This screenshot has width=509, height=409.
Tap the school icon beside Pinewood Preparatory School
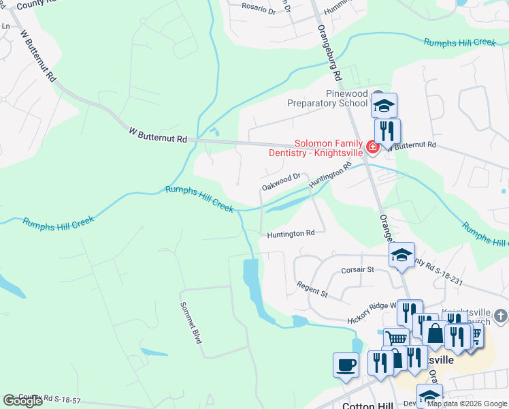pos(384,105)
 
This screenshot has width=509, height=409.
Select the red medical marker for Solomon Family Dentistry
pos(372,147)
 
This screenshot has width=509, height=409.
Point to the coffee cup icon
pos(346,364)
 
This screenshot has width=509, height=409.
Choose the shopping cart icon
pos(396,339)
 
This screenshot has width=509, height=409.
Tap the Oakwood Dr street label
pos(281,181)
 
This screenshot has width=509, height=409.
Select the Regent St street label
pos(312,289)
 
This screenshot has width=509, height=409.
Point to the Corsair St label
pos(358,269)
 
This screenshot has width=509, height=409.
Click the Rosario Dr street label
pos(259,11)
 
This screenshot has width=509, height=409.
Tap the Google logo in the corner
pos(22,401)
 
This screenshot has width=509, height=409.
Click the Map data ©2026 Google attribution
pos(466,404)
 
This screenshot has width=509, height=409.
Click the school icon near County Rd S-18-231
pos(401,255)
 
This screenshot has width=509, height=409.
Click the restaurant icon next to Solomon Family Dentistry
pos(387,131)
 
